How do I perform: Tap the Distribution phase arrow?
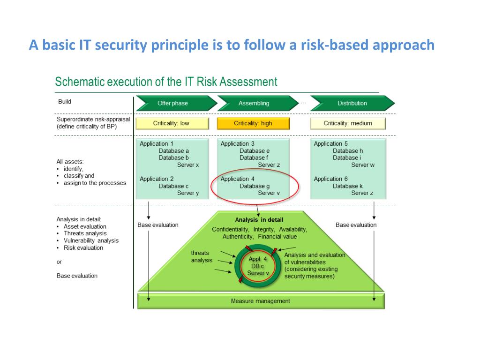click(x=352, y=103)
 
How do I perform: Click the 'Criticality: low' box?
click(x=172, y=123)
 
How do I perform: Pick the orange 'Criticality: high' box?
click(x=253, y=123)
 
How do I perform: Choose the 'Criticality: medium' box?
click(x=348, y=123)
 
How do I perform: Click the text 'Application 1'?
click(x=157, y=144)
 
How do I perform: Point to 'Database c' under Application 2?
click(x=173, y=186)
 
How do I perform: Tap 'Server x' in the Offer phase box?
click(x=188, y=165)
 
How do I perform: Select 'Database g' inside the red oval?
click(x=255, y=186)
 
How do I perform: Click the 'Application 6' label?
click(x=331, y=179)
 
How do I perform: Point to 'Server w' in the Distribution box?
click(x=363, y=165)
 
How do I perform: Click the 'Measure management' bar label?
click(x=261, y=301)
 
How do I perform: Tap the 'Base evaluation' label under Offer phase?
click(x=158, y=225)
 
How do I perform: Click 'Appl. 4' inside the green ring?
click(x=258, y=259)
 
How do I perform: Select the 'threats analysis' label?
click(x=201, y=256)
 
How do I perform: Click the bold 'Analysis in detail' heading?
click(x=259, y=220)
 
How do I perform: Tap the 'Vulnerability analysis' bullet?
click(x=91, y=240)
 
